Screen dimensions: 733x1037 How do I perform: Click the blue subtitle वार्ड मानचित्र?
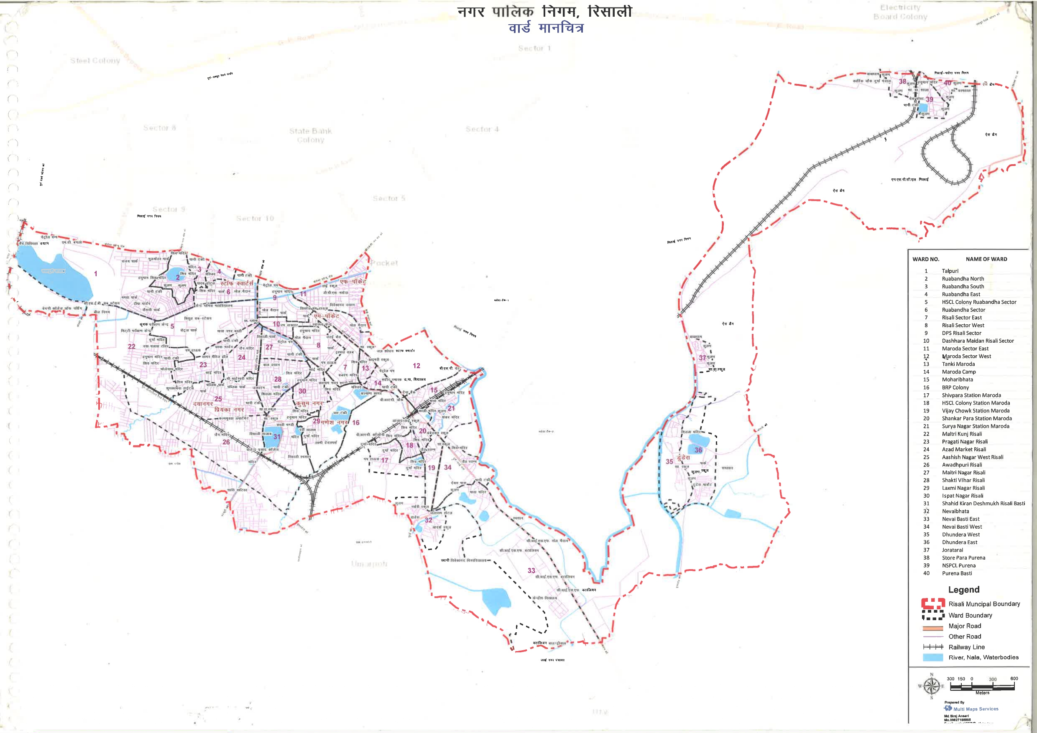[546, 28]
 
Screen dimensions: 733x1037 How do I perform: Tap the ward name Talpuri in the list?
[950, 271]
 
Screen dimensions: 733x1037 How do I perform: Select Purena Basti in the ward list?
[957, 573]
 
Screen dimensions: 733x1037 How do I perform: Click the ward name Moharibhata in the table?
[957, 379]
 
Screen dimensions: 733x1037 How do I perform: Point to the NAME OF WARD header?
[986, 259]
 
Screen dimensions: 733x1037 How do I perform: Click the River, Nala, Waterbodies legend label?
[983, 657]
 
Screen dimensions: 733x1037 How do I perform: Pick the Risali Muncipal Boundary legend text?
[984, 604]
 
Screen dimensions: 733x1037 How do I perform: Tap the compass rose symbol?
[931, 686]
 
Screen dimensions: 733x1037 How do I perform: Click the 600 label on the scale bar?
[1014, 678]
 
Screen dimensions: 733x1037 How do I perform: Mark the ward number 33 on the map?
[531, 570]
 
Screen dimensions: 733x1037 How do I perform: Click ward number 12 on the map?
[416, 366]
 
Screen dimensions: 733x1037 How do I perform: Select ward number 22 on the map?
[131, 346]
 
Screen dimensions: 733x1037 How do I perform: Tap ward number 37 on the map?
[702, 357]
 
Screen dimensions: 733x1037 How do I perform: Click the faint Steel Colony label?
[95, 61]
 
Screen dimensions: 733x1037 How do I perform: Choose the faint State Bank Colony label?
[310, 135]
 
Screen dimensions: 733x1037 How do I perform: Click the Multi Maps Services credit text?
[976, 709]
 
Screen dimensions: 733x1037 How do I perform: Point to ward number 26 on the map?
[226, 442]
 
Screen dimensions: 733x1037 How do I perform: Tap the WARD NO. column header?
[925, 259]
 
